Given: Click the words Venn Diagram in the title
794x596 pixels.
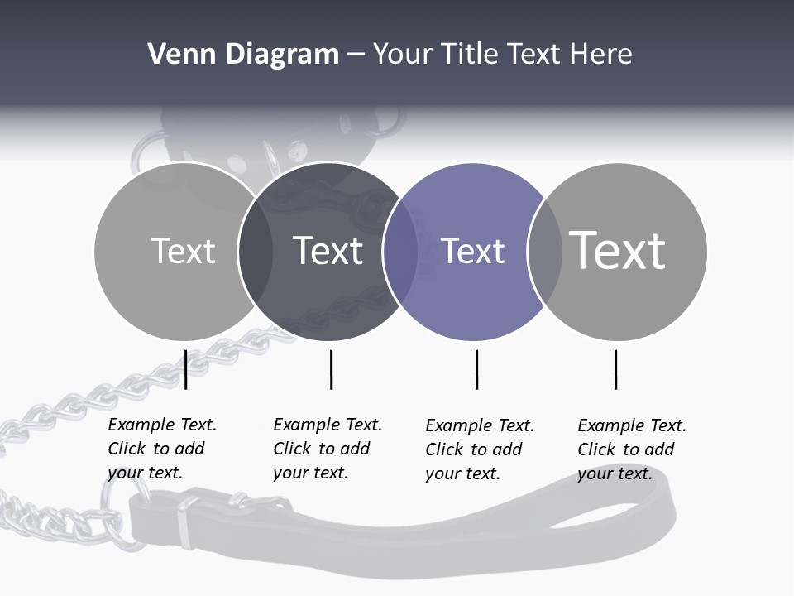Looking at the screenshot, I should [x=243, y=55].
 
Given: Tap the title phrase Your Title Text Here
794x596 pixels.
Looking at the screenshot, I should [x=503, y=55].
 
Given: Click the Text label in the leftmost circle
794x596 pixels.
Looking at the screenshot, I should [x=183, y=251].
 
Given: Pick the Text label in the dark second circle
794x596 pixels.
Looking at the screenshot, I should [x=328, y=251].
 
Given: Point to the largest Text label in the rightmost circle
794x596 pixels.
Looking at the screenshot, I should [x=618, y=250].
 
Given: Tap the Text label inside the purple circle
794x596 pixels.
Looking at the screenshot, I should [x=473, y=251].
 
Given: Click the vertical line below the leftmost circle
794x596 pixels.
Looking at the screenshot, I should [x=186, y=369].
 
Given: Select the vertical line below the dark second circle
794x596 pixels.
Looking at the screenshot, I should [x=331, y=369].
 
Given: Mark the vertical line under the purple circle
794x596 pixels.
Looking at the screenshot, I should [x=476, y=369].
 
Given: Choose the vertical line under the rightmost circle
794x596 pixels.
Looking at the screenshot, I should [x=615, y=369].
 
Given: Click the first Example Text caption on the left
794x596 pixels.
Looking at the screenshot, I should [x=161, y=449].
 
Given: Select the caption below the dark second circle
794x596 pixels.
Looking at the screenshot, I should [x=327, y=449].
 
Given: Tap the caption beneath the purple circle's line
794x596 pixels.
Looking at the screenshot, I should [x=479, y=449].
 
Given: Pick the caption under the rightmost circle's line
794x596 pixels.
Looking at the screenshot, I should [x=631, y=449].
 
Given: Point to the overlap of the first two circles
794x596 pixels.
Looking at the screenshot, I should [x=256, y=252].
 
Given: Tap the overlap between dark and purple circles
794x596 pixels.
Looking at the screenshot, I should [x=400, y=252].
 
